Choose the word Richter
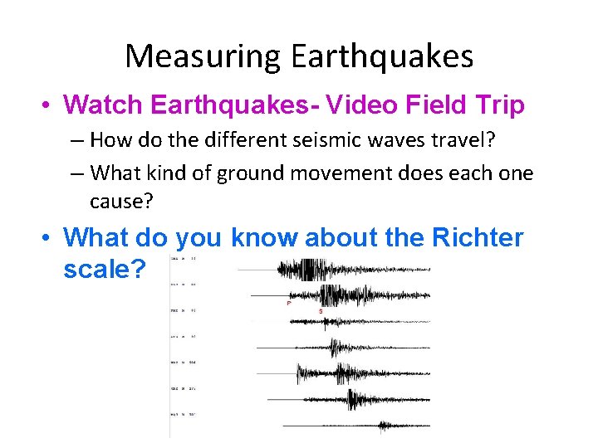pos(478,238)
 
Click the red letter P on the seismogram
pos(288,304)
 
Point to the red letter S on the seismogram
pos(321,310)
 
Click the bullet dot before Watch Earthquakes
pos(49,106)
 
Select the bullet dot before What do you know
pos(49,239)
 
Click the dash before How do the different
pos(76,141)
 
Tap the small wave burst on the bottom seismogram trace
pos(383,426)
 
